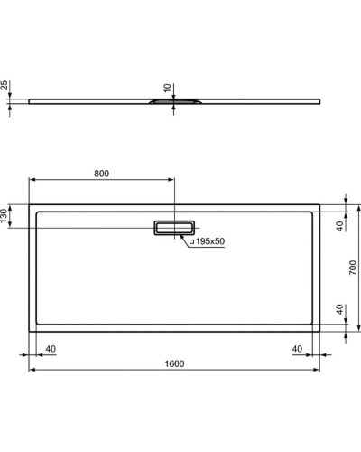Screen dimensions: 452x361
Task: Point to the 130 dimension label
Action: (x=6, y=217)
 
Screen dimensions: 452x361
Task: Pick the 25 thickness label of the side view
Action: (x=6, y=87)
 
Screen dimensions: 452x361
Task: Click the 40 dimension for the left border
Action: (x=51, y=349)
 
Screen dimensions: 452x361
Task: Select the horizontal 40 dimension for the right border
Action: (x=297, y=349)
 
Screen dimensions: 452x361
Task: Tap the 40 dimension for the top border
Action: (x=340, y=226)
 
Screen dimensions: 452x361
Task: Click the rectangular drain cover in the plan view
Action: (x=175, y=229)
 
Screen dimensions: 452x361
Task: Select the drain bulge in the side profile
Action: (x=171, y=102)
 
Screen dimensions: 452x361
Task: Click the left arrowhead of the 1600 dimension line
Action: (x=33, y=371)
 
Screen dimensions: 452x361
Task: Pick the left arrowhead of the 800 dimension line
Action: (x=33, y=182)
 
